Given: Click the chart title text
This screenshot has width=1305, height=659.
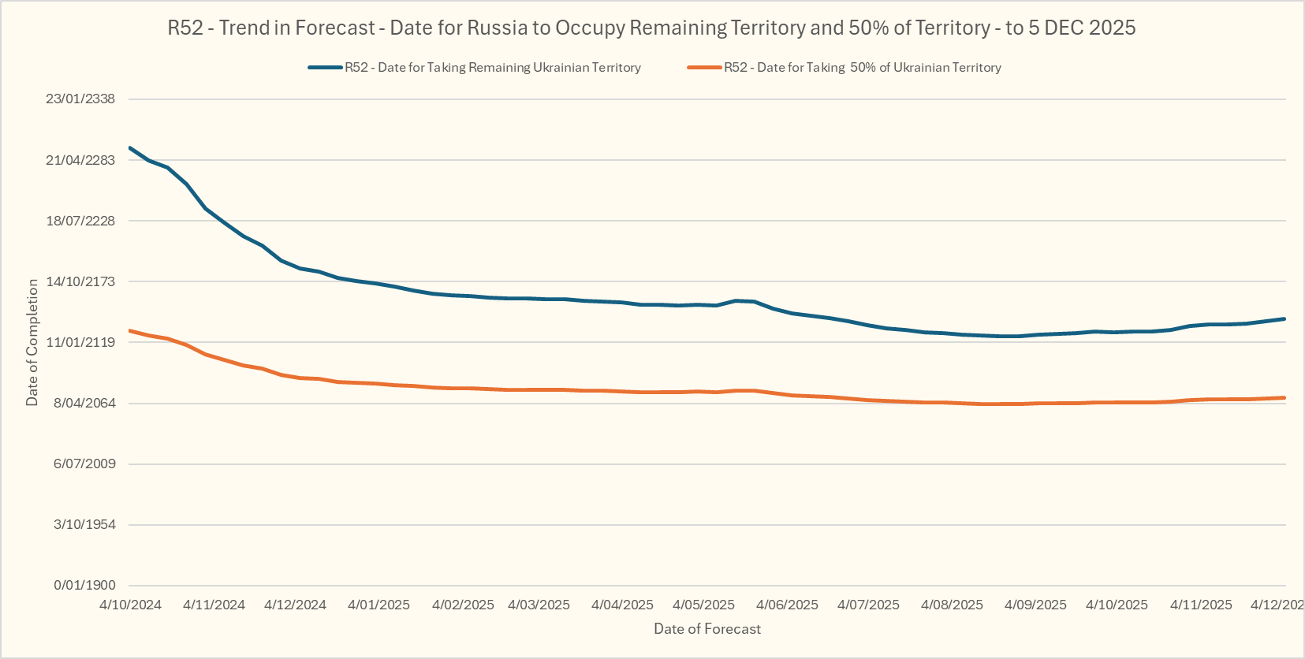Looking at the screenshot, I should coord(651,28).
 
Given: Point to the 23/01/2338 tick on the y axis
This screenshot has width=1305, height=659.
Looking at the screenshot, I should coord(80,99).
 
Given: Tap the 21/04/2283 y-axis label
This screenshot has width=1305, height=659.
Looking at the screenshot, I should coord(80,160).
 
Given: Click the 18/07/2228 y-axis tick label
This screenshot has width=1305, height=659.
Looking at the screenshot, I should coord(80,221).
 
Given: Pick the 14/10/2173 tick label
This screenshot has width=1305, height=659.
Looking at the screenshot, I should coord(80,281).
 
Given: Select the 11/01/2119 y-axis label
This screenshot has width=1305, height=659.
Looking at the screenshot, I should coord(80,342).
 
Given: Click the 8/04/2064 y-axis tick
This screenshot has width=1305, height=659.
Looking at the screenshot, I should coord(84,403).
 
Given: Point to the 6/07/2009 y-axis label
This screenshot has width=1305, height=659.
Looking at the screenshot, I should coord(84,464).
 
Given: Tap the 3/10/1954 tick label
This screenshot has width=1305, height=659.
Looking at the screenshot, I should coord(84,524).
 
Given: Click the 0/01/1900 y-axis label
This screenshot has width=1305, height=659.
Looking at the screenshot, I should coord(84,585).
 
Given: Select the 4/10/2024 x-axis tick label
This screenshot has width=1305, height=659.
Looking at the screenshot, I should coord(130,605).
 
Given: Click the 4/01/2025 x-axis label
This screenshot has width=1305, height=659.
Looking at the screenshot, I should coord(378,605).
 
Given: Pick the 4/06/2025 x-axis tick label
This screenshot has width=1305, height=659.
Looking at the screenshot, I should coord(787,605).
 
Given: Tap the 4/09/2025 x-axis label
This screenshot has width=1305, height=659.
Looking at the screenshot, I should coord(1035,605).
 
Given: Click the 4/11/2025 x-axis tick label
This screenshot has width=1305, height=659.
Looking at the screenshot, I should coord(1201,605).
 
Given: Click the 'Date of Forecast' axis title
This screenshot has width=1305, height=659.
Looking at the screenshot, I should coord(707,629).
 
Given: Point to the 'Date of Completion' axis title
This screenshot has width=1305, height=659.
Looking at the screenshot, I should coord(32,342).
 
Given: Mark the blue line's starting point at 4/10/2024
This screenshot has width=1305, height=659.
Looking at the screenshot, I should coord(130,147).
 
